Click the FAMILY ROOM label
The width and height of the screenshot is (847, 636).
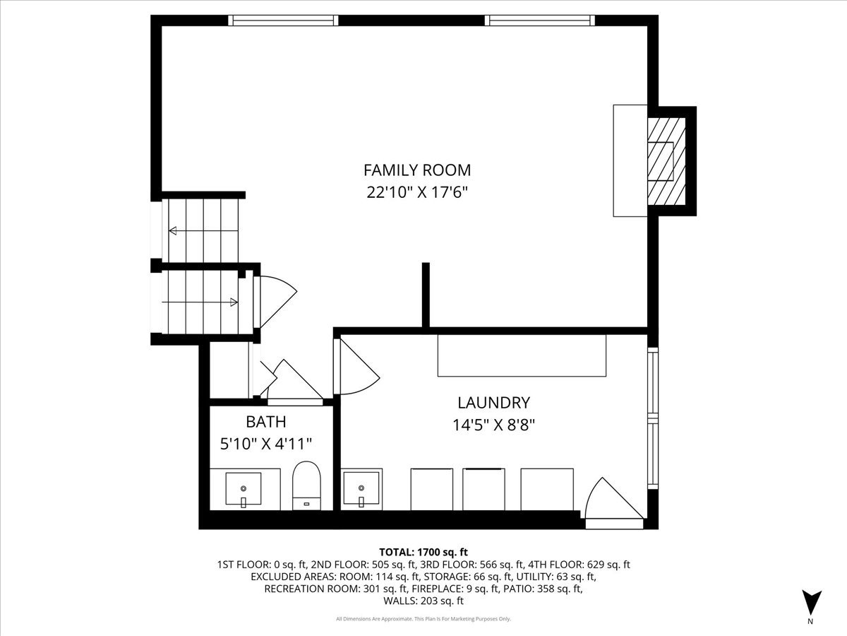(x=416, y=170)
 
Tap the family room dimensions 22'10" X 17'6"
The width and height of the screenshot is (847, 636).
(x=416, y=192)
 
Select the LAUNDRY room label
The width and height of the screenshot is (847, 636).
(x=493, y=403)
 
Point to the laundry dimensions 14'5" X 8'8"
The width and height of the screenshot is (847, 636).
(x=493, y=425)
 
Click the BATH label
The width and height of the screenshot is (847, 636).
(x=265, y=422)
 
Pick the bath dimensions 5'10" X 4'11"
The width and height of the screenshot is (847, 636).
(x=265, y=444)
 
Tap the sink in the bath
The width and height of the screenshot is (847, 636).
(x=244, y=489)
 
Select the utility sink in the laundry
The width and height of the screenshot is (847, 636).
(x=361, y=489)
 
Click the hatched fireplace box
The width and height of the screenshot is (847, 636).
(x=666, y=160)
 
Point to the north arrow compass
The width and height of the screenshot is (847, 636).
(x=812, y=602)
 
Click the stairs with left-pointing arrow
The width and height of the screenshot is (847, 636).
(x=201, y=230)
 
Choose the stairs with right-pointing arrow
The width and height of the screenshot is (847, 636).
(x=201, y=302)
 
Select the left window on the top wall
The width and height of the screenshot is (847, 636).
(x=284, y=20)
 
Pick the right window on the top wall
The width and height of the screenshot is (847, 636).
(x=540, y=20)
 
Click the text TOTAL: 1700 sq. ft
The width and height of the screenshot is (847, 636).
(x=423, y=552)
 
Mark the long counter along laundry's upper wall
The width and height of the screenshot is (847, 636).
(x=522, y=355)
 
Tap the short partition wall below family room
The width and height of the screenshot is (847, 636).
(x=426, y=295)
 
